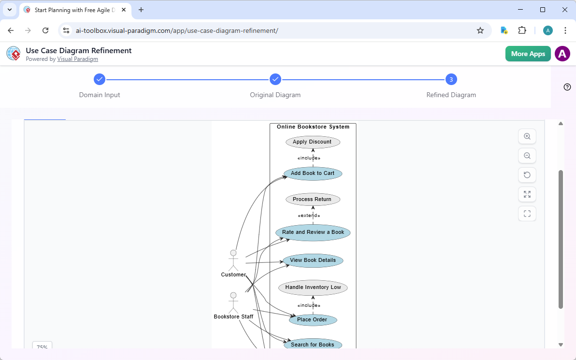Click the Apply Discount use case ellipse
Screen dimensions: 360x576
(313, 142)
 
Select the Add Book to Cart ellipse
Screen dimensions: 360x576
(313, 173)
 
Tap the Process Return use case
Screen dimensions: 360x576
(313, 200)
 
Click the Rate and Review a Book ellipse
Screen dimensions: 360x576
(313, 232)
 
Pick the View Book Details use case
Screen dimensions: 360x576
(313, 260)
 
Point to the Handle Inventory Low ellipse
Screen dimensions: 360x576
(313, 288)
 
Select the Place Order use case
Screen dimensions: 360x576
(313, 320)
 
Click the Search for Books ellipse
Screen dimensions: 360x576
(313, 345)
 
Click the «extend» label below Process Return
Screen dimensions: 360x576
(309, 216)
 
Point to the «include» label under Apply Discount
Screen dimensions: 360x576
(309, 158)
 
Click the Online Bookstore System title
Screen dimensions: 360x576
(313, 127)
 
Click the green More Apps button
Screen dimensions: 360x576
(528, 54)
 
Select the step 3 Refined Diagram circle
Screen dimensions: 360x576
(451, 79)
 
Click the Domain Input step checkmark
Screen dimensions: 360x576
(99, 79)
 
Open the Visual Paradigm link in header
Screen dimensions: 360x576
(77, 59)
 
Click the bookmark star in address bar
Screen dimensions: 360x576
(480, 30)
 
